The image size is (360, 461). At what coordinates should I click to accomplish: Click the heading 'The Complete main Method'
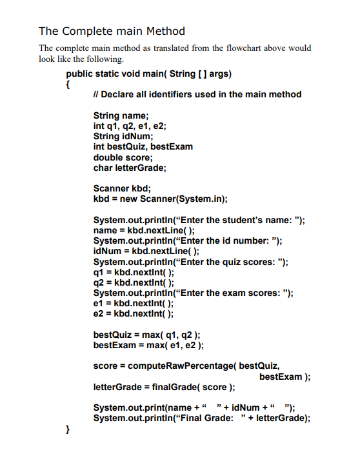112,31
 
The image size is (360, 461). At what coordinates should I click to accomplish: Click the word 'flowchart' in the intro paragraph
242,48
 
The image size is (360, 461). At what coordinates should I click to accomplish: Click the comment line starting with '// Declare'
197,94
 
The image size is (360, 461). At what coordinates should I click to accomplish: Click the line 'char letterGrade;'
130,168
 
